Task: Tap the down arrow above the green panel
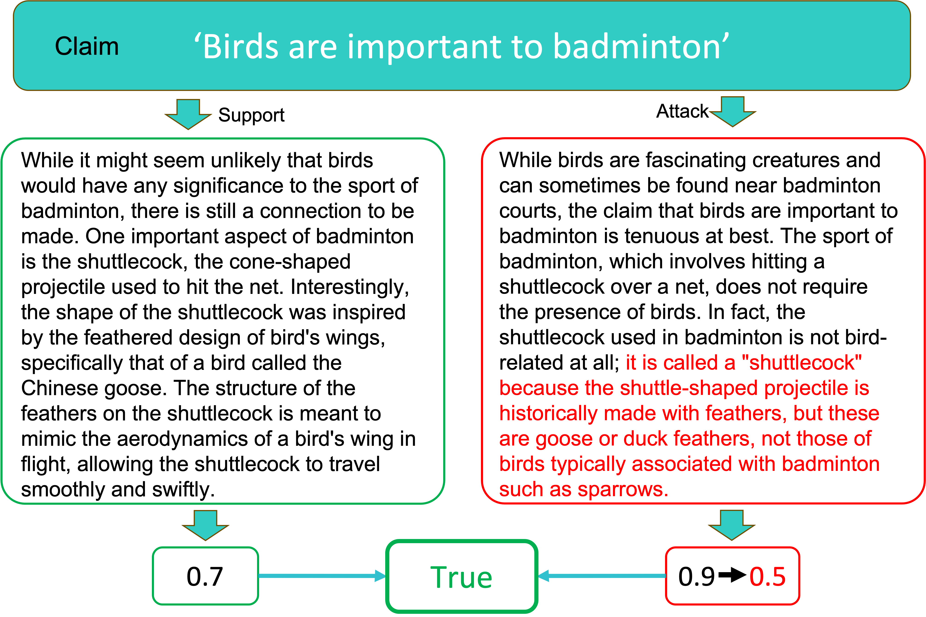point(188,114)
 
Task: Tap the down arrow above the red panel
point(732,112)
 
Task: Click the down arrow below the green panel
point(205,525)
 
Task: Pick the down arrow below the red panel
point(732,525)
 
